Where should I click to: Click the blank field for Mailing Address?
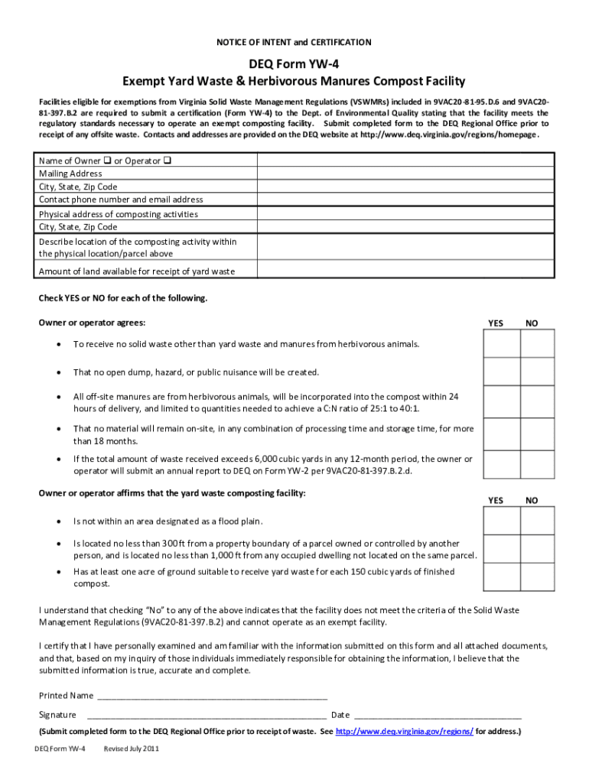coord(405,174)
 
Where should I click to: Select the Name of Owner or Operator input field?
coord(405,161)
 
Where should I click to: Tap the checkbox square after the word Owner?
coord(107,161)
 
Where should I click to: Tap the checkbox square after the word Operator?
coord(167,161)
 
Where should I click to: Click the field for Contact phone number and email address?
coord(405,200)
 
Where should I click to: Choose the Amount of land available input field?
coord(405,271)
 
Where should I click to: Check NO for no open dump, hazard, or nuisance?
coord(538,372)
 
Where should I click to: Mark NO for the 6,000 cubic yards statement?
coord(538,464)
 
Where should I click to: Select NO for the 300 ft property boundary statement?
coord(538,548)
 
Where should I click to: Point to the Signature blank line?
coord(207,716)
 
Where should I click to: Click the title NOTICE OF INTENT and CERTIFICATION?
coord(294,42)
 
